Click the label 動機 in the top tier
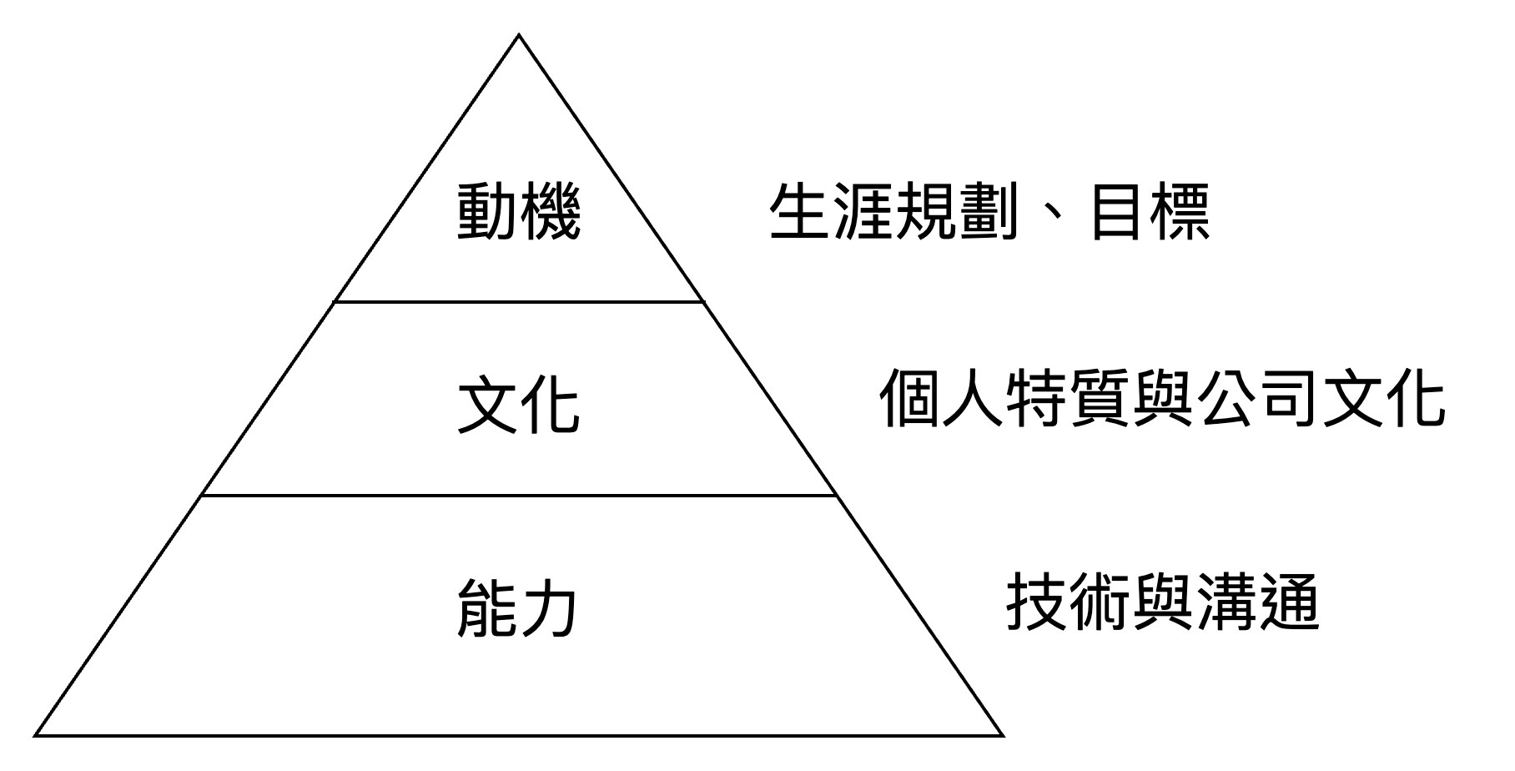518,214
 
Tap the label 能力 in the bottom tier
518,610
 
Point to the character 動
487,214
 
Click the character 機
549,214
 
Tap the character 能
487,610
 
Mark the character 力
549,610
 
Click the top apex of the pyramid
519,39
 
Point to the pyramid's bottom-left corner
40,733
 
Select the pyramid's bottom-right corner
998,733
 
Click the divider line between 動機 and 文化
518,301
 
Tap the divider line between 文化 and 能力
518,496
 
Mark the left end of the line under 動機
338,301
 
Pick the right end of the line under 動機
699,301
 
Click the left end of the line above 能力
204,496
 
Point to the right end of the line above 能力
834,496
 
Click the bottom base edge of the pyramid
518,733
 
